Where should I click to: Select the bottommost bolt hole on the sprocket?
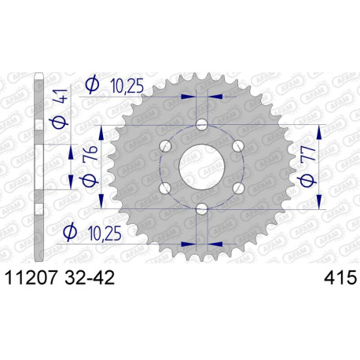click(202, 209)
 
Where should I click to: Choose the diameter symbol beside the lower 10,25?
click(71, 231)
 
